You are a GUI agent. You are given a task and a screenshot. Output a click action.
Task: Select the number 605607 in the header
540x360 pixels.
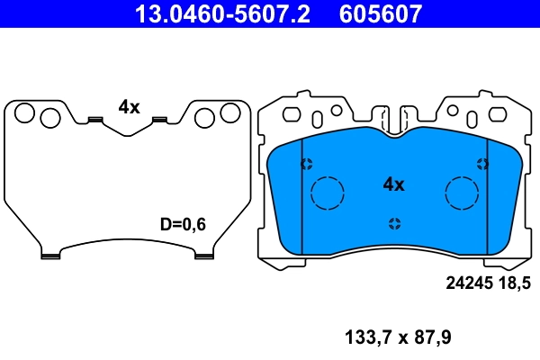tap(380, 13)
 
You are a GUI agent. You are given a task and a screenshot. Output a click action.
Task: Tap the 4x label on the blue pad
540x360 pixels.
tap(393, 184)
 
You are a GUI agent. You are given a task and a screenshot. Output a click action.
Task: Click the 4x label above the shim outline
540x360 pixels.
tap(129, 106)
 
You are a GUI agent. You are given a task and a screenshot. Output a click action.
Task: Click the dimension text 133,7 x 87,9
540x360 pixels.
tap(398, 338)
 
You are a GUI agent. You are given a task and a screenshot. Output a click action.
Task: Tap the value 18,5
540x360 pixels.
tap(514, 283)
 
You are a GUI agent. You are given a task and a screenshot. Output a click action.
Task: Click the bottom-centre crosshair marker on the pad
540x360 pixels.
tap(393, 223)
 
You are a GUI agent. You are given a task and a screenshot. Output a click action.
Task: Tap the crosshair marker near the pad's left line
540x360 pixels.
tap(306, 164)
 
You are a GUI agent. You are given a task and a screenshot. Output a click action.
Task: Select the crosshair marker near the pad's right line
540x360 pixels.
tap(482, 164)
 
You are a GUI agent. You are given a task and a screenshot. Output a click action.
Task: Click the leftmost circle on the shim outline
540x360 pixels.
tap(25, 113)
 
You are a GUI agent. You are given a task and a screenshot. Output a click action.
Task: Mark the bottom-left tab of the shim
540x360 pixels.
tap(50, 255)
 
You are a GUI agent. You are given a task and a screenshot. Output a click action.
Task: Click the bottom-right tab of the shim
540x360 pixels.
tap(203, 255)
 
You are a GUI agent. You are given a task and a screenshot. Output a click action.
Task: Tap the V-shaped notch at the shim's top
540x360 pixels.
tap(127, 131)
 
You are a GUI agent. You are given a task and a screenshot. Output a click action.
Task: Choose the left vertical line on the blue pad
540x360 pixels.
tap(301, 193)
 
